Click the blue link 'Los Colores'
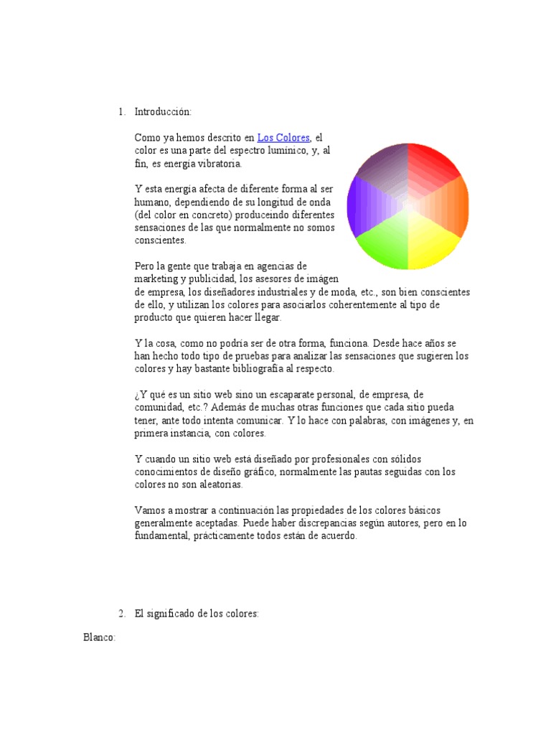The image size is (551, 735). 283,137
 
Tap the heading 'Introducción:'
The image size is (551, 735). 163,112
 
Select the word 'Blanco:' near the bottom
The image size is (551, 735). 100,637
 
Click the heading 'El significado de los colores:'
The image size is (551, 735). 197,614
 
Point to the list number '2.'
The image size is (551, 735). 121,614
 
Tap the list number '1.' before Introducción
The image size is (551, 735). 121,112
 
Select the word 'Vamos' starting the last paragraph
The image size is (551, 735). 149,510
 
